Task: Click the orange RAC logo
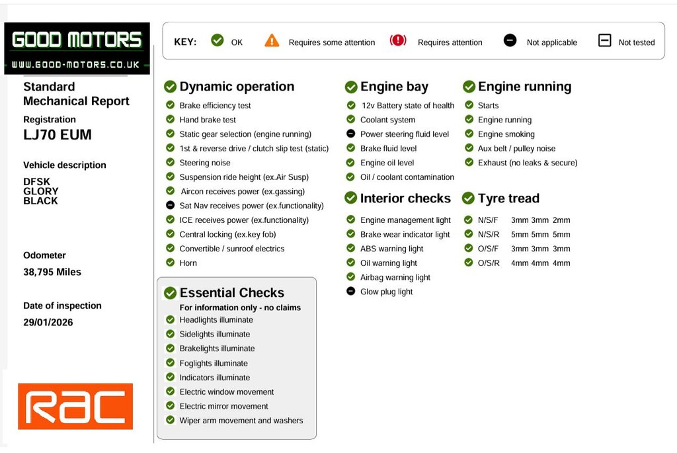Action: (x=75, y=406)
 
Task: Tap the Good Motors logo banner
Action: (x=77, y=48)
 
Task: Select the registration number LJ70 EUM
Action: (x=58, y=135)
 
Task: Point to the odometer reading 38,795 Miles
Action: (x=52, y=272)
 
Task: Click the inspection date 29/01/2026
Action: (x=48, y=322)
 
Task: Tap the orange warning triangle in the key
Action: (x=272, y=40)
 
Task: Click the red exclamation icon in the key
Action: (x=397, y=40)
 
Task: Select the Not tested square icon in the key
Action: (x=604, y=40)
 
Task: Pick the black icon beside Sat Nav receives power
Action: (x=170, y=205)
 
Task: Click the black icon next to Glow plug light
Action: (x=350, y=291)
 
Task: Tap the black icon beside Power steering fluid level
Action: (x=350, y=134)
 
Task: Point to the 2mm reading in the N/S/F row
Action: (x=561, y=220)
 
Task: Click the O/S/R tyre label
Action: (x=489, y=263)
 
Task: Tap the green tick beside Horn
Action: (x=170, y=262)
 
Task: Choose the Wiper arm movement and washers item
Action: (x=241, y=421)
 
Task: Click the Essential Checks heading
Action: (x=232, y=293)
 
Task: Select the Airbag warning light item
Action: (x=395, y=278)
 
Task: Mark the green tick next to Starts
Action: (x=469, y=104)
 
